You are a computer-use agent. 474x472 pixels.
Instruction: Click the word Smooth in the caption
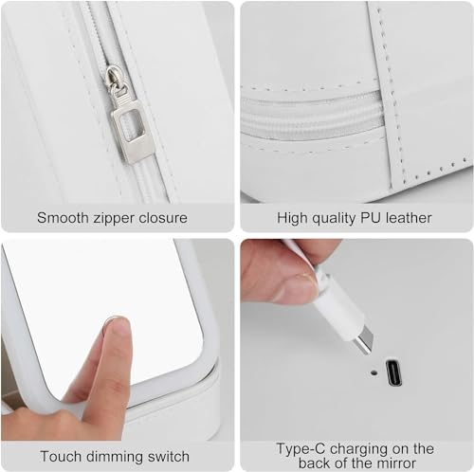tap(63, 218)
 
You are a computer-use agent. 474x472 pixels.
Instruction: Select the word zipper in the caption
tap(113, 219)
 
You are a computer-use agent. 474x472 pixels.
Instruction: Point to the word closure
tap(163, 218)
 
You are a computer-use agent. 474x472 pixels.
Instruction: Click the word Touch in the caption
tap(61, 457)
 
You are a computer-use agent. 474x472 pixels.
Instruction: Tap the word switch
tap(165, 457)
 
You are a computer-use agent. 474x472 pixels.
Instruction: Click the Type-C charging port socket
tap(393, 372)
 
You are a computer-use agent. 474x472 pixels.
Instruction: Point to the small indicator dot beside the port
tap(374, 372)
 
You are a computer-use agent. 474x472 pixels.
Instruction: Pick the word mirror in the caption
tap(395, 463)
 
